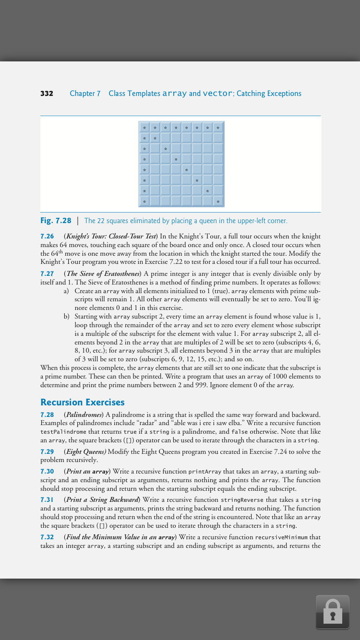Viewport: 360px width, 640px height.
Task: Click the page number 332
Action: click(x=47, y=94)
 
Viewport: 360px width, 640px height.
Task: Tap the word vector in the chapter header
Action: click(x=217, y=94)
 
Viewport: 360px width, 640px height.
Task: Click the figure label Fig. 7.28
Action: click(x=56, y=221)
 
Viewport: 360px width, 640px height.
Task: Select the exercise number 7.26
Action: click(x=47, y=237)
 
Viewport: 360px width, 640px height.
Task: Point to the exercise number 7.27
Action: click(x=47, y=274)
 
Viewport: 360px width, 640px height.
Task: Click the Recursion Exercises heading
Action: click(x=82, y=402)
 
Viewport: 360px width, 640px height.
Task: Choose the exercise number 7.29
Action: click(x=47, y=451)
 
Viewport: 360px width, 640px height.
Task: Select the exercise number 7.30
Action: click(x=47, y=472)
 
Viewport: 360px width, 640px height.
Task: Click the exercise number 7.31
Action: click(x=47, y=500)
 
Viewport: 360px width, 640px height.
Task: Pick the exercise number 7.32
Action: click(x=47, y=537)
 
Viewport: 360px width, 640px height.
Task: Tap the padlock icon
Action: click(x=332, y=612)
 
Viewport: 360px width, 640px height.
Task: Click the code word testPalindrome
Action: click(x=63, y=432)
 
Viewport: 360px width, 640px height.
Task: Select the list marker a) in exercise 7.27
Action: click(x=66, y=291)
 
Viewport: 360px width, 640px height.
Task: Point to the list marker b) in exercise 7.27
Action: click(x=66, y=317)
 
